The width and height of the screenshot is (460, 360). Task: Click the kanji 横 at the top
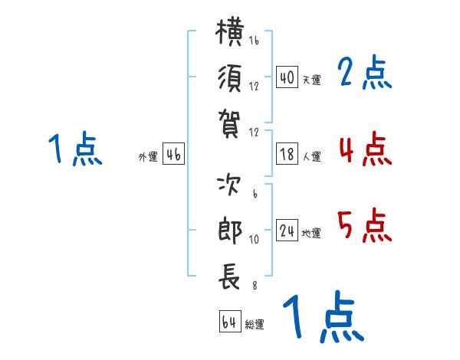230,32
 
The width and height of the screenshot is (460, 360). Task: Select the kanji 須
230,78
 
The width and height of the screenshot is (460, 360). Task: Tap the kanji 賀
230,123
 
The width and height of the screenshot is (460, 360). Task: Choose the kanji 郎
230,230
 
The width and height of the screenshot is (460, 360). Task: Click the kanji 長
229,277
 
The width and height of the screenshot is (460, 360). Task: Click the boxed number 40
287,77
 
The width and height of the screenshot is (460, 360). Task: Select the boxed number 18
287,154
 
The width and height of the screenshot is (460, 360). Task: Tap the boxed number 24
287,230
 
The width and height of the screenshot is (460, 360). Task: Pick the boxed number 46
173,154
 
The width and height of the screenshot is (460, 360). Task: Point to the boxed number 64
230,322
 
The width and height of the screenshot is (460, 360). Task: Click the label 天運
312,80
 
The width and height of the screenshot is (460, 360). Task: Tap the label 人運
312,156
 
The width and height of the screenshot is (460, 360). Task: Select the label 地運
311,233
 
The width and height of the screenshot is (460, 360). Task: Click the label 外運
148,156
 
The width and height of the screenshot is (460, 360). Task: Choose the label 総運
255,324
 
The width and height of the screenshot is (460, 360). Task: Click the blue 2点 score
364,73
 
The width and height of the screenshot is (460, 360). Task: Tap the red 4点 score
366,149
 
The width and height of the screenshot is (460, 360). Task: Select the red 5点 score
365,226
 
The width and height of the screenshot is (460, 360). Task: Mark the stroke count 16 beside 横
254,40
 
